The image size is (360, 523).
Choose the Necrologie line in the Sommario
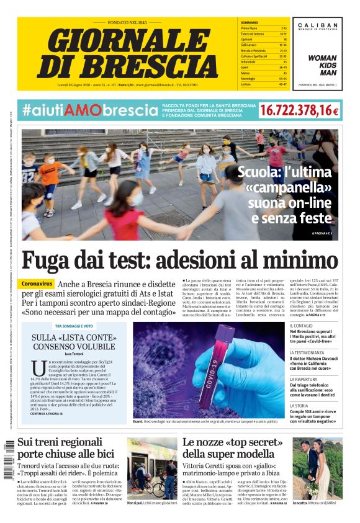click(x=252, y=78)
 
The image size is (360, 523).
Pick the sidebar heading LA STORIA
click(x=302, y=406)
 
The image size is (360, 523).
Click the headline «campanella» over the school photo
click(x=289, y=187)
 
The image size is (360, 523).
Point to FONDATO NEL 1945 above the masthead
click(x=132, y=22)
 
